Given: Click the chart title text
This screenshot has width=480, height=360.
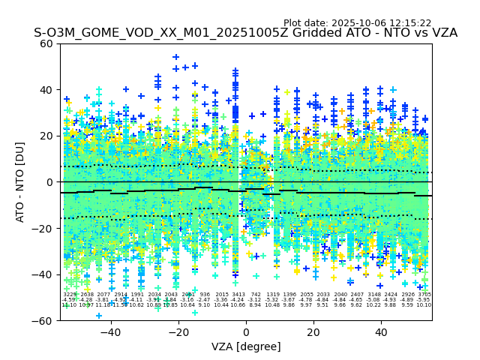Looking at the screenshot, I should (245, 33).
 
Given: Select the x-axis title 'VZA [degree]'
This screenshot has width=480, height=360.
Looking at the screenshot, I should (246, 346).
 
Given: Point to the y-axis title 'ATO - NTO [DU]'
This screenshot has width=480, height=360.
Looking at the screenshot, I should (21, 182).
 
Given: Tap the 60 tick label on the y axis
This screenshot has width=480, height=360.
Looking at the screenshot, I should (46, 43).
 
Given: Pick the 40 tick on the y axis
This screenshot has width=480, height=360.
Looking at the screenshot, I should (46, 90).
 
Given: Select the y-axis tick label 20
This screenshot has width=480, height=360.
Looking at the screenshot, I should (46, 136).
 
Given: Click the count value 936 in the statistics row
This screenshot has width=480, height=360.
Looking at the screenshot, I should (205, 295).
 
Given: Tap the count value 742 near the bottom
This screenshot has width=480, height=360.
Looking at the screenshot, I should (256, 295).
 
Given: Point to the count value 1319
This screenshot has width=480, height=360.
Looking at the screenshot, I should (272, 295).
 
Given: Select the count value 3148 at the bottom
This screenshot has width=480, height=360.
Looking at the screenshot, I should (373, 295).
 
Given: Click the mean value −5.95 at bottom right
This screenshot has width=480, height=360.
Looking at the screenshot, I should (424, 300).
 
